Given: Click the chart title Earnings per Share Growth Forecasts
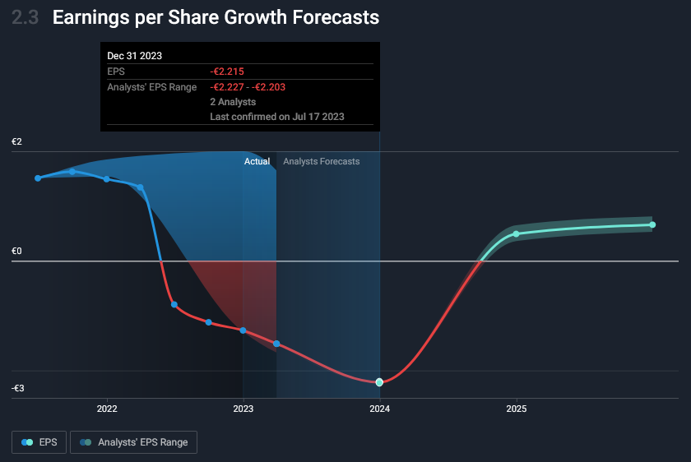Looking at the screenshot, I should coord(216,18).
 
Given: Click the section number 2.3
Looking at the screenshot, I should coord(26,18).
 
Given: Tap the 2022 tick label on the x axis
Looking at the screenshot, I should coord(107,409).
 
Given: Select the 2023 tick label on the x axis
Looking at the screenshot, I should coord(243,409).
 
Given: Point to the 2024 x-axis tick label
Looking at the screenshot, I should coord(379,409).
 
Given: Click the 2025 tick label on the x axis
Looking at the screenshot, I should coord(516,409).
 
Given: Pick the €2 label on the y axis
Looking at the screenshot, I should coord(16,142).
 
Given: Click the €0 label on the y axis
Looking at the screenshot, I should coord(16,252).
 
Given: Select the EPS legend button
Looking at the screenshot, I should coord(39,442).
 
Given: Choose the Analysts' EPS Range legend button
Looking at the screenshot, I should coord(133,442).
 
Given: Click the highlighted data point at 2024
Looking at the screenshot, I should coord(379,382).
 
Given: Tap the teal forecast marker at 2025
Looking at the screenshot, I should coord(517,234).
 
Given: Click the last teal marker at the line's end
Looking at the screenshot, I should coord(652,224).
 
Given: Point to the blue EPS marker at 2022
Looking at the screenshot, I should coord(107,179).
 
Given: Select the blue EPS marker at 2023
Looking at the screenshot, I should coord(243,330).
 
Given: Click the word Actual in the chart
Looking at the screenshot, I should coord(257,162).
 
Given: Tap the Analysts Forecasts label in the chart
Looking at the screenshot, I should coord(321,162).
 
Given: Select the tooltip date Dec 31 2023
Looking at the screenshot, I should coord(135,56).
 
